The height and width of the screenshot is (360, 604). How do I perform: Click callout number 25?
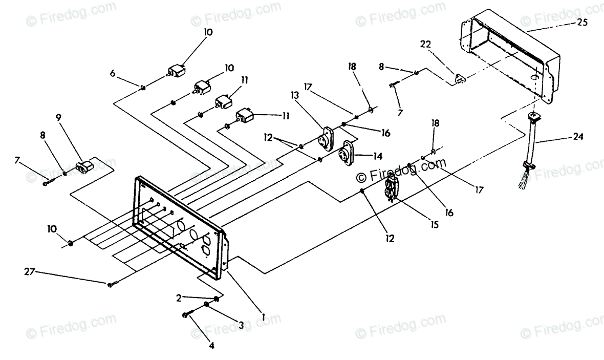(x=582, y=23)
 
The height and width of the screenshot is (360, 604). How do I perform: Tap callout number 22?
(x=426, y=44)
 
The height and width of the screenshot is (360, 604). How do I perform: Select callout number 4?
(x=211, y=346)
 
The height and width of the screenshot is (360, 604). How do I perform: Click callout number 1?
(x=263, y=317)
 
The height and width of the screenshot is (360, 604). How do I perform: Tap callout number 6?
(x=113, y=73)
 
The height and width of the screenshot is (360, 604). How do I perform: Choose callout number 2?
(x=179, y=298)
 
